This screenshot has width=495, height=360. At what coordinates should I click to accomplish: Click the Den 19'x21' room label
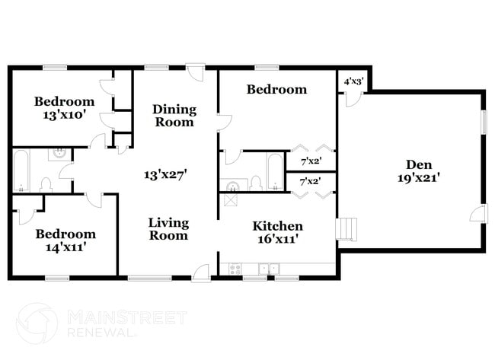point(419,171)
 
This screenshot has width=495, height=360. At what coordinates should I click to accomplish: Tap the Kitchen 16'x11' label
point(278,233)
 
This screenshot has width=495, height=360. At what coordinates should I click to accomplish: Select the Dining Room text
point(174,116)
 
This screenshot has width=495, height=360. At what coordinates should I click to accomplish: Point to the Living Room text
point(169,229)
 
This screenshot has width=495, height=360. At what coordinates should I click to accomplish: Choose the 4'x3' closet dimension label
point(353,81)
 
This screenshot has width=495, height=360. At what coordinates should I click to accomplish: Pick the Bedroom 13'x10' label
point(65,108)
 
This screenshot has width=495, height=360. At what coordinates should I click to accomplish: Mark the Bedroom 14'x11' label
point(65,241)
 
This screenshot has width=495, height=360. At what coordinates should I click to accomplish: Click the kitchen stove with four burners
point(235,269)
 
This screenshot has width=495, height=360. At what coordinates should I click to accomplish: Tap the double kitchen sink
point(269,269)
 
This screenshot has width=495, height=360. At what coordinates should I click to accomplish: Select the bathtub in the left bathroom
point(21,170)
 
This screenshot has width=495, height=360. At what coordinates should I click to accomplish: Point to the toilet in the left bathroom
point(46,185)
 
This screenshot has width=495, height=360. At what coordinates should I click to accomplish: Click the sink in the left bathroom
point(59,154)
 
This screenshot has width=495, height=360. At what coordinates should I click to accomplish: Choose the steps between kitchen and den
point(346,229)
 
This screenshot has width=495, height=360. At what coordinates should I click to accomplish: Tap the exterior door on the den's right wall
point(478,213)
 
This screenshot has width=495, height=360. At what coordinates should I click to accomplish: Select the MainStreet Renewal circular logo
point(37,323)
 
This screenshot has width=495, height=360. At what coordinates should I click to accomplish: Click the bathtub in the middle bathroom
point(275,172)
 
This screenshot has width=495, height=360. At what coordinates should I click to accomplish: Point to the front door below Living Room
point(201,272)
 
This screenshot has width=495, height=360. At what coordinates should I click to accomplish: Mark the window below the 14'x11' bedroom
point(57,278)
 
